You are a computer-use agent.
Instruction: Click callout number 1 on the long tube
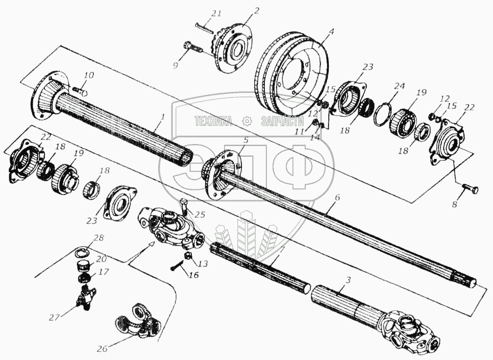click(162, 117)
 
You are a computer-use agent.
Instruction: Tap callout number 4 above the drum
click(331, 31)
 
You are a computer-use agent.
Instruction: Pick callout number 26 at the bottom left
click(102, 350)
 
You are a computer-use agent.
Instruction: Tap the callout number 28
click(99, 237)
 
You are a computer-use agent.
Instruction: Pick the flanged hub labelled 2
click(235, 50)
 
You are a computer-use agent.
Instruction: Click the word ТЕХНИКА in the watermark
click(213, 121)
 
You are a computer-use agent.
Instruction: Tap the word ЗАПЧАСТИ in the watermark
click(282, 121)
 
